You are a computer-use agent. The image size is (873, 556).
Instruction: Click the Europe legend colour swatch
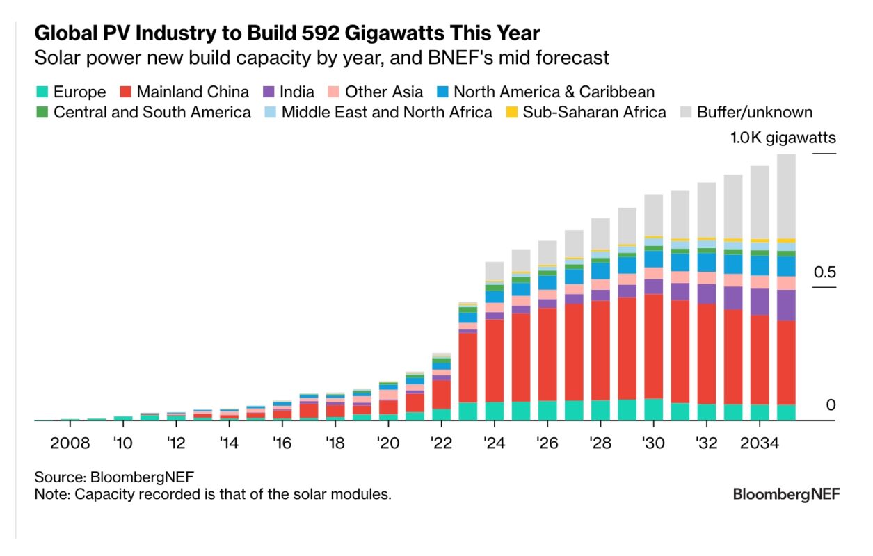(41, 92)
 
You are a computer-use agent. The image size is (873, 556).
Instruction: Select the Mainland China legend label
(193, 92)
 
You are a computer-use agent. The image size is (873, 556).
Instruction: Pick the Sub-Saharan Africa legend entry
(594, 112)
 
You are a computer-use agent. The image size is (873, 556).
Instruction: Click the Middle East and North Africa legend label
(387, 112)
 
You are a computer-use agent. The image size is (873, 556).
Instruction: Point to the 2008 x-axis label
(71, 443)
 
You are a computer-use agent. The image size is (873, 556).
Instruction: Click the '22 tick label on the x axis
(442, 443)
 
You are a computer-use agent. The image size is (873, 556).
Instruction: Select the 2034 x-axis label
(760, 443)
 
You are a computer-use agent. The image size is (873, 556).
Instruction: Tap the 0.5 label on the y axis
(824, 272)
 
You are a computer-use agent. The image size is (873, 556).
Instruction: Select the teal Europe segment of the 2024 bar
(495, 411)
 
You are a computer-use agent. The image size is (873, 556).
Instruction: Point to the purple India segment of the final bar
(786, 305)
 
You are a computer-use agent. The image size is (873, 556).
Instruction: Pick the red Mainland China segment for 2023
(468, 368)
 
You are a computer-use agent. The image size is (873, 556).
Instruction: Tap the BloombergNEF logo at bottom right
(786, 494)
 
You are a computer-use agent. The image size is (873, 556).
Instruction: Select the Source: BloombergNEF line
(114, 477)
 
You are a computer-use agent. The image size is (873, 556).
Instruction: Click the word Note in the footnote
(51, 494)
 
